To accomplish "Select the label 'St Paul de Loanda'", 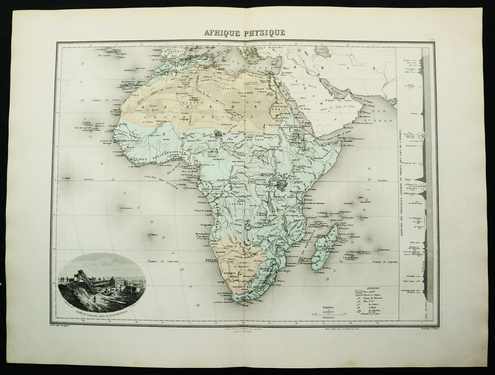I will (x=203, y=211).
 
